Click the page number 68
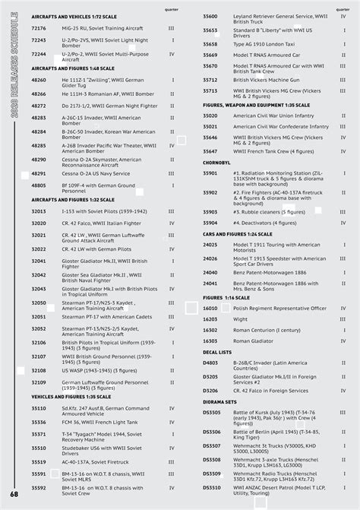(14, 495)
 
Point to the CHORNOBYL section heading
(216, 163)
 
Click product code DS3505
(212, 412)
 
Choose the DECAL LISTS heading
(217, 352)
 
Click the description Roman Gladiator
(254, 341)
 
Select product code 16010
(210, 309)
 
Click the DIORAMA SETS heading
(219, 401)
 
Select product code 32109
(39, 382)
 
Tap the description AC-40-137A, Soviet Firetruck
(96, 461)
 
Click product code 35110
(39, 408)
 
